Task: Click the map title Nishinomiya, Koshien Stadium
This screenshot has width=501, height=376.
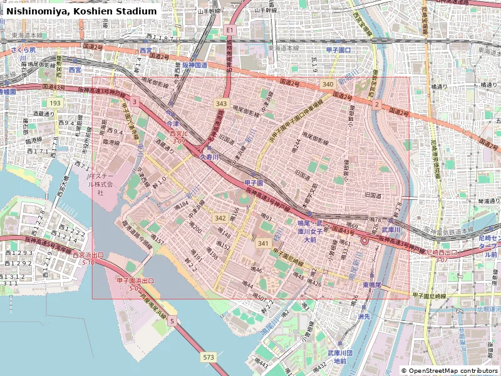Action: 81,11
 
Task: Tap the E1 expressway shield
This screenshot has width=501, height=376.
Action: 230,30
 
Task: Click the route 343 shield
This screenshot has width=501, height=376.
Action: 221,103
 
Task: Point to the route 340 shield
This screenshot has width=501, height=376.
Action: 328,84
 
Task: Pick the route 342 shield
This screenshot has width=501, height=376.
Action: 220,218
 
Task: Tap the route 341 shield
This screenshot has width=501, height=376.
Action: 263,243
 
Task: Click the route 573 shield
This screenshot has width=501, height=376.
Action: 209,357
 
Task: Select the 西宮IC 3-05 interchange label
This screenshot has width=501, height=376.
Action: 178,138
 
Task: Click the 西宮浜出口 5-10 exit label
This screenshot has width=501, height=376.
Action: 88,258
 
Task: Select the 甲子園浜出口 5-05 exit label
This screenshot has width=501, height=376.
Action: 135,284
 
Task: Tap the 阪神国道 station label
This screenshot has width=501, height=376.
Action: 194,65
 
